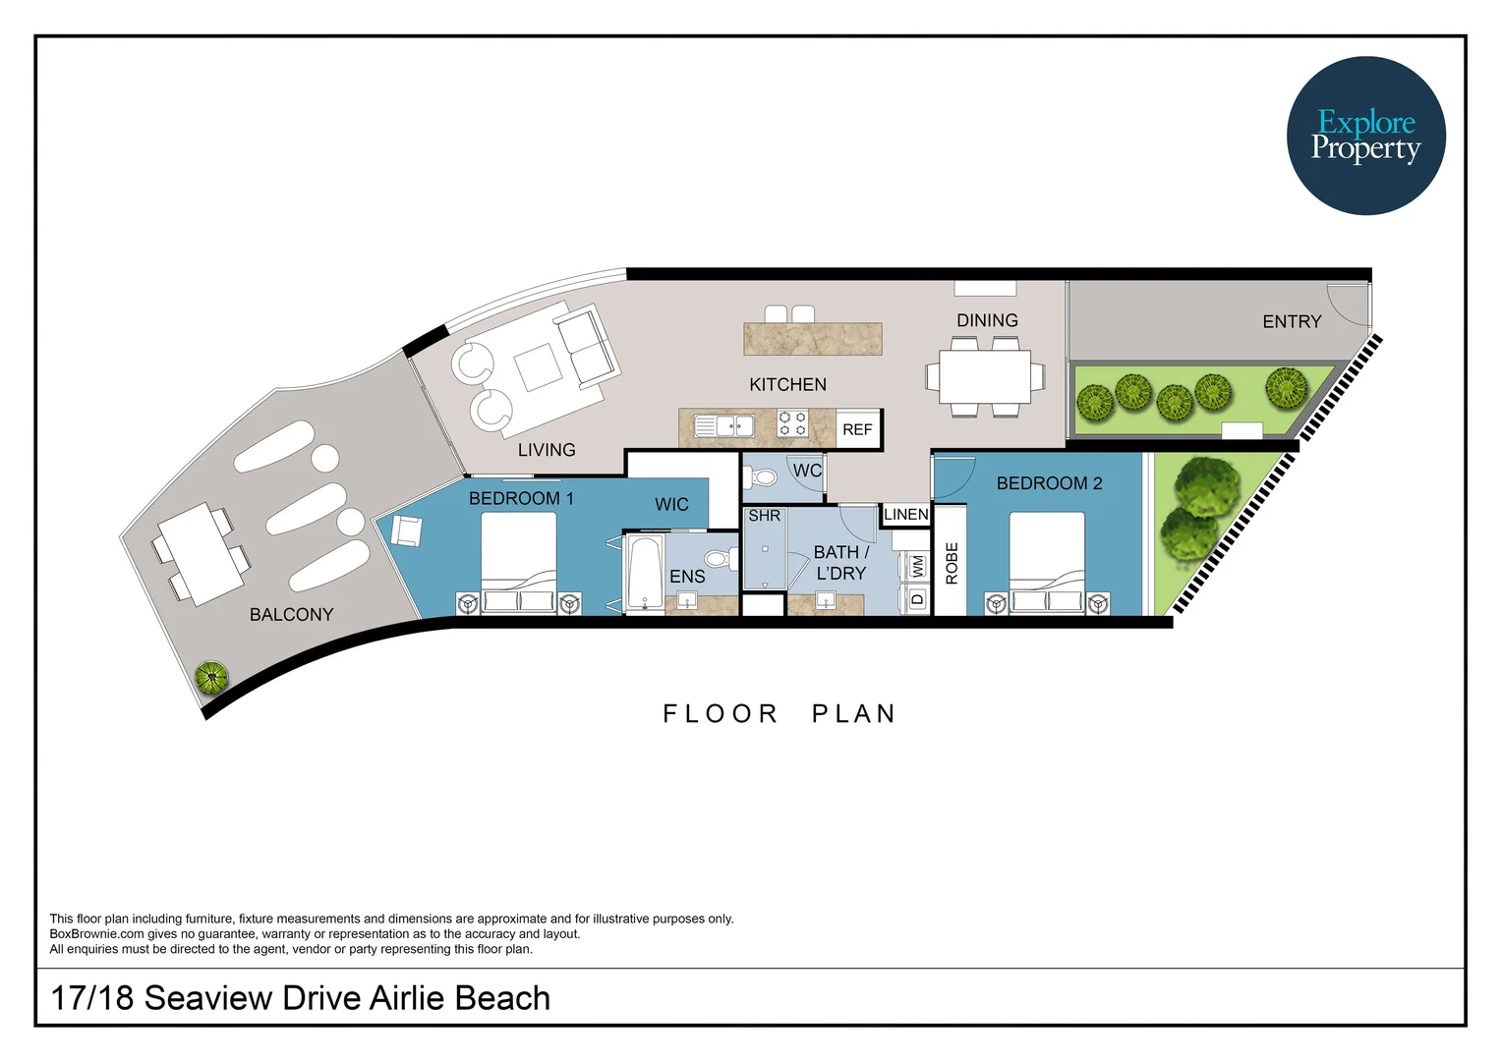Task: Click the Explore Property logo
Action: click(x=1365, y=136)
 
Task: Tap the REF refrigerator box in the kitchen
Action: click(x=857, y=429)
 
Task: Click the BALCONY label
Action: click(x=291, y=614)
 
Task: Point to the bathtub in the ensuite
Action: click(x=645, y=573)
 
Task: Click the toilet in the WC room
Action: click(x=763, y=478)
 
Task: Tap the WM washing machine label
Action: click(x=917, y=566)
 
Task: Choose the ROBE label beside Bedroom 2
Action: click(x=951, y=563)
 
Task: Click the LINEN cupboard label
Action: click(x=905, y=514)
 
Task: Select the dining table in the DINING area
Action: click(x=984, y=376)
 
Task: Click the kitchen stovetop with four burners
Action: click(x=792, y=424)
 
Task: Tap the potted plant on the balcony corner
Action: click(x=211, y=677)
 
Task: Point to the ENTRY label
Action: click(x=1291, y=321)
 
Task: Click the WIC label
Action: click(x=671, y=504)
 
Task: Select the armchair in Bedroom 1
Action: click(x=406, y=530)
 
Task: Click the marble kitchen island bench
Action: click(x=812, y=339)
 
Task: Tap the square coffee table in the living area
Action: click(x=538, y=368)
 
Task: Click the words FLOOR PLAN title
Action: click(x=779, y=713)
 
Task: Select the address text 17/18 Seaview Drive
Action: click(x=300, y=997)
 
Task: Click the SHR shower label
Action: click(x=764, y=516)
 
